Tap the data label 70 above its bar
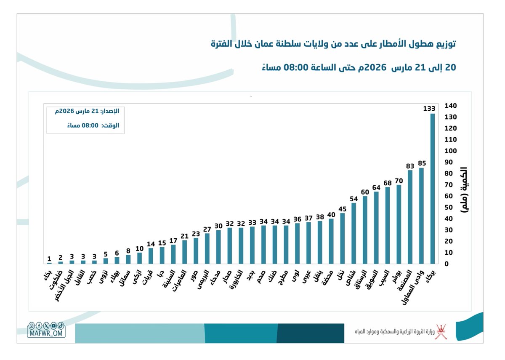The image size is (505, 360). point(399,181)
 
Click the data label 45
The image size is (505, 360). point(343,209)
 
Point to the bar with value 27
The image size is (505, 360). point(207,248)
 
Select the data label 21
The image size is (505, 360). point(184,236)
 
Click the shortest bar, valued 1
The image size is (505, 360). point(49,263)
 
